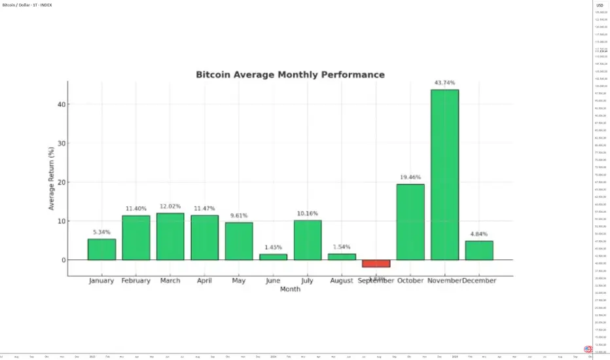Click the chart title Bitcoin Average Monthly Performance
pos(290,75)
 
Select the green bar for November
pos(444,174)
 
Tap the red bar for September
pos(376,263)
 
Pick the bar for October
pos(410,222)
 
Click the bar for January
pos(101,249)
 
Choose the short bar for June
pos(273,257)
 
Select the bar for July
pos(308,240)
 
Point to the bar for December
pos(479,250)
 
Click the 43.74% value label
pos(444,83)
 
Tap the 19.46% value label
pos(410,177)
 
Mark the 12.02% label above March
pos(170,206)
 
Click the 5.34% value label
pos(101,232)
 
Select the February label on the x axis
pos(135,281)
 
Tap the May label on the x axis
pos(239,281)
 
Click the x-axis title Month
pos(290,289)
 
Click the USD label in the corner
pos(600,5)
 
